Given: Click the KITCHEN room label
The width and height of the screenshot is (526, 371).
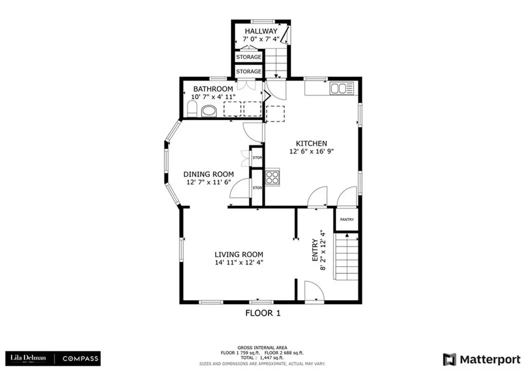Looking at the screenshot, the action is coord(311,143).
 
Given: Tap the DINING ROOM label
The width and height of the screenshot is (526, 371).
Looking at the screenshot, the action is coord(209,174).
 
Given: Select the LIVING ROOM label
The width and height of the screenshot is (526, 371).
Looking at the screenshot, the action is coord(239,254).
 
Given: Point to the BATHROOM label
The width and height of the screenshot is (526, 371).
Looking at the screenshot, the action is coord(213,89).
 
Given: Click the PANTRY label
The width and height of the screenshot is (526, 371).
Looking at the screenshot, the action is coord(347,220).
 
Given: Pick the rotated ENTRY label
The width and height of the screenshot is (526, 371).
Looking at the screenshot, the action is coord(315,250).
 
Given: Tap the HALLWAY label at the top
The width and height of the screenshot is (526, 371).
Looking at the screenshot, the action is coord(261,31).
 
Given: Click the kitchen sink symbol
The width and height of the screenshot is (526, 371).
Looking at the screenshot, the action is coord(342,88).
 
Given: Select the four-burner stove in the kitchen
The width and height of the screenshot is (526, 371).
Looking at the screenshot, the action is coord(272,177).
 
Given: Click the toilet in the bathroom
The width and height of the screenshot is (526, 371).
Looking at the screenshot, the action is coord(192,110).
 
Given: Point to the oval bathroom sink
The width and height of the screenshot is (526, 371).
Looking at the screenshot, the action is coord(209,110).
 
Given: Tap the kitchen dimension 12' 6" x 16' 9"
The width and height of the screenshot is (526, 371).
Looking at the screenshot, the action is coord(311,151).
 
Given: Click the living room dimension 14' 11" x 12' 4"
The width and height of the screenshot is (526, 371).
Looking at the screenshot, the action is coord(239,262).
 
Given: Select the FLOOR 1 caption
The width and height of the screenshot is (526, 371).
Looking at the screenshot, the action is coord(263,313).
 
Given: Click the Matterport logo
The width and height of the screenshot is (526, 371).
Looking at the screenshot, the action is coord(482,360).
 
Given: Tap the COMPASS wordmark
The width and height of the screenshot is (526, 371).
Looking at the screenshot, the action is coord(81,359).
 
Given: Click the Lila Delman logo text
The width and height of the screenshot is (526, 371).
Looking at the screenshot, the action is coord(28,358).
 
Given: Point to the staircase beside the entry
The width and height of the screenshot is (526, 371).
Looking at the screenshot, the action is coord(345,256).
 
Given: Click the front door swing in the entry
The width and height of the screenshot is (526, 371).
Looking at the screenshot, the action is coord(314,292).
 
